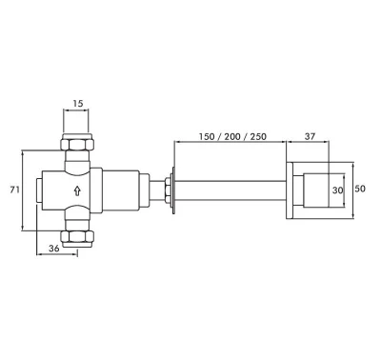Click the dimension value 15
click(x=78, y=104)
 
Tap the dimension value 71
click(x=14, y=190)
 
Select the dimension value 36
click(x=54, y=249)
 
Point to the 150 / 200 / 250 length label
click(x=232, y=136)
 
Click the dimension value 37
click(x=311, y=136)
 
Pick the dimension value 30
click(x=337, y=190)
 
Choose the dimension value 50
click(x=360, y=189)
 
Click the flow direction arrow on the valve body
click(x=77, y=190)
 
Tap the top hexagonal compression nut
click(x=77, y=145)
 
